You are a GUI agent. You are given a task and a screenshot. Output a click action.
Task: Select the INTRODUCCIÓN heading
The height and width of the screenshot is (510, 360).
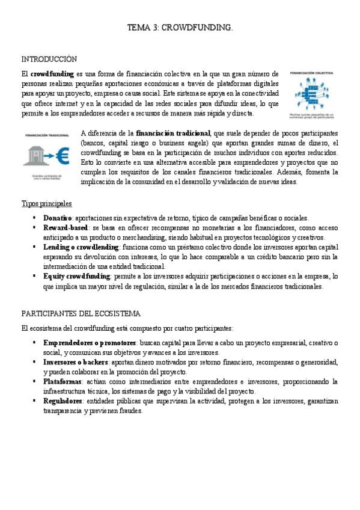click(x=49, y=59)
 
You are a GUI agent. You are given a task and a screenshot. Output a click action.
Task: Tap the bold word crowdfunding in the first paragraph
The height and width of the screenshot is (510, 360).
click(x=52, y=73)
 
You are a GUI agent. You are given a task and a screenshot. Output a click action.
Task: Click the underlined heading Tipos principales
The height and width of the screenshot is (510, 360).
click(x=46, y=204)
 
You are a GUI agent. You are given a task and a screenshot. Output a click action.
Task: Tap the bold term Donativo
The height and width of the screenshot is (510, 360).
click(x=58, y=218)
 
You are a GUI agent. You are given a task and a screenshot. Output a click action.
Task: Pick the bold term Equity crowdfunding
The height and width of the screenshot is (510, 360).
click(x=77, y=276)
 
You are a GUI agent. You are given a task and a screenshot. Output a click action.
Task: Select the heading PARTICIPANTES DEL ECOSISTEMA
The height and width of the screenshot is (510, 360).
click(x=81, y=314)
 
